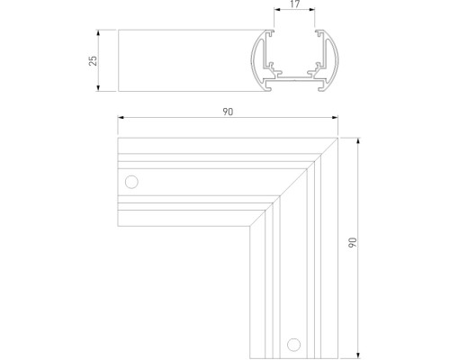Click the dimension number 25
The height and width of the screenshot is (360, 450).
94,60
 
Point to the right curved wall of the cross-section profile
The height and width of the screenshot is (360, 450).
335,61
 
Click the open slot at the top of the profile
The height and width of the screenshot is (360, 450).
295,36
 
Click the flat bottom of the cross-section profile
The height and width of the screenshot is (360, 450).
295,90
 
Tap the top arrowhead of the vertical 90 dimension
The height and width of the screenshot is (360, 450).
358,139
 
